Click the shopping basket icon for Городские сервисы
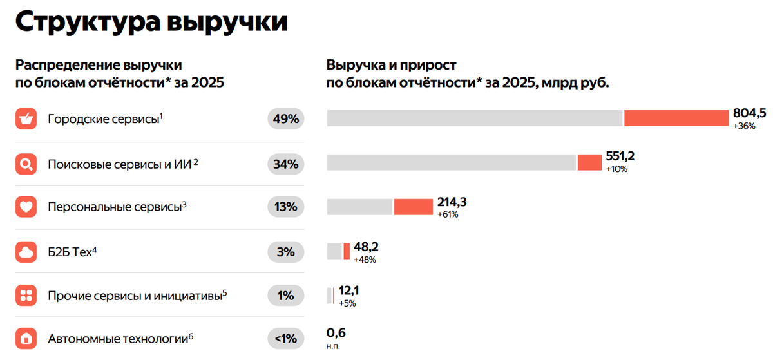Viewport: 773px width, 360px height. [x=26, y=119]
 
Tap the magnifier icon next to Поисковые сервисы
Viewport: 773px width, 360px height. [x=26, y=164]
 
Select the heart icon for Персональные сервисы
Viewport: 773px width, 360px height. [x=26, y=207]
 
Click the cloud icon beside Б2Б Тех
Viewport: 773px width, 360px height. [x=26, y=252]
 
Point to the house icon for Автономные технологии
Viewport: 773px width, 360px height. [x=26, y=338]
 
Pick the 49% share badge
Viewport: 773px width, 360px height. [x=285, y=119]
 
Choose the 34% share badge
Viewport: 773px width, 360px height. [x=285, y=164]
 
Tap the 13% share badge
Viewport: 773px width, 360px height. [x=285, y=207]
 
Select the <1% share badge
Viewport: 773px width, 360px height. [x=285, y=338]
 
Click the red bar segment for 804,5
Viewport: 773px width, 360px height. [x=676, y=118]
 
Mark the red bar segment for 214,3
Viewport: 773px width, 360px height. [x=414, y=207]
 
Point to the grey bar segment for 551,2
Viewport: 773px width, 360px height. [x=451, y=163]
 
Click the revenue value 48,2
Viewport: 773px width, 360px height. [x=366, y=247]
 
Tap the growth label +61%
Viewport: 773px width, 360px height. [x=448, y=214]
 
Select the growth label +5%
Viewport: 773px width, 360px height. [x=347, y=303]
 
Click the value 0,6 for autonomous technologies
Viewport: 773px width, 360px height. [x=336, y=333]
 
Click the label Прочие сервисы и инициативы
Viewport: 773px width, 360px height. [x=135, y=296]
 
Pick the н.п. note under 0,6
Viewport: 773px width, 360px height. [x=333, y=346]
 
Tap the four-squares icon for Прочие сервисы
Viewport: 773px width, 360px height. [x=26, y=296]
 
